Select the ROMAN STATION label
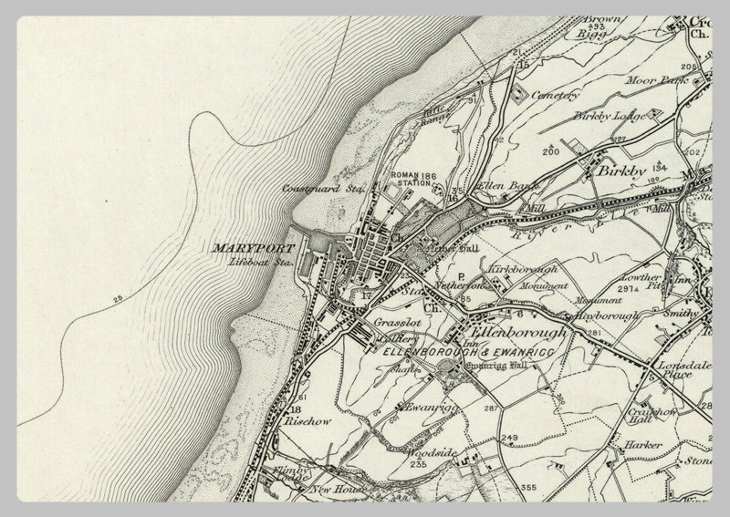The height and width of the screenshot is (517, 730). coord(408,180)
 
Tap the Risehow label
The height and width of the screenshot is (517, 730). coord(302,423)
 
